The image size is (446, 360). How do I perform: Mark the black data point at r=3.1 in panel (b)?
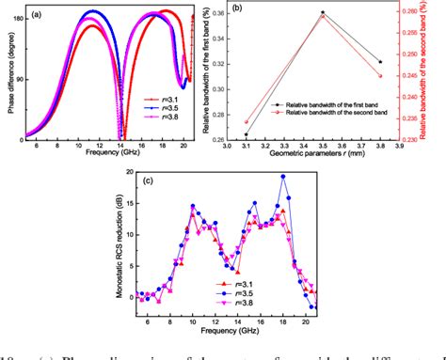click(247, 135)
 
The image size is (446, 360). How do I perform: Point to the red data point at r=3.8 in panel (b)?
click(381, 75)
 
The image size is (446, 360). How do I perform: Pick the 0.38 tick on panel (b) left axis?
click(217, 11)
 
